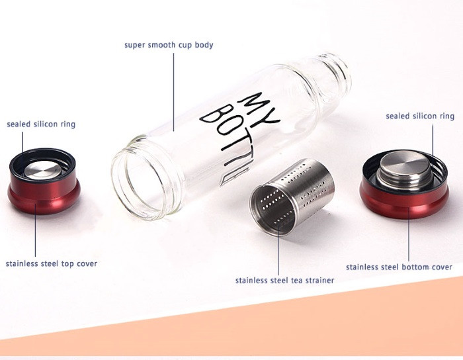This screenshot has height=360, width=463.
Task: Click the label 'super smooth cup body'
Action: [169, 45]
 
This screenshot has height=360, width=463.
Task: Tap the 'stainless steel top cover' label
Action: [52, 264]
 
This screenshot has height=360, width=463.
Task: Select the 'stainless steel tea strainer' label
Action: [284, 281]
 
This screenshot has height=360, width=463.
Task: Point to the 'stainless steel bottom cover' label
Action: [399, 267]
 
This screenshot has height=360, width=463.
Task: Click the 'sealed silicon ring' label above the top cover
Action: [41, 124]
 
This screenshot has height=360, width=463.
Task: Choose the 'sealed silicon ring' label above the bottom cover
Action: [420, 116]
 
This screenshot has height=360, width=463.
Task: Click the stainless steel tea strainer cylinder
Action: [292, 197]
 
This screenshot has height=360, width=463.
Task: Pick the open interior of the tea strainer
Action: [272, 210]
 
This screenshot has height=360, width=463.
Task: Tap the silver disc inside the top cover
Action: [43, 170]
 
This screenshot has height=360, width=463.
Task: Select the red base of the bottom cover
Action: [404, 201]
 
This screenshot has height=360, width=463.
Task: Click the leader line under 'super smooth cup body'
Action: [173, 92]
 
